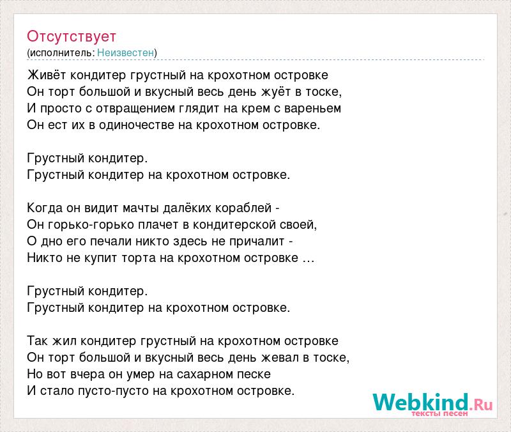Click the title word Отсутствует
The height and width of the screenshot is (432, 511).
pos(72,36)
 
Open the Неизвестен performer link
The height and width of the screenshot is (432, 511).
pos(125,52)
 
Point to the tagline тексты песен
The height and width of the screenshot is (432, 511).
pos(439,413)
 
